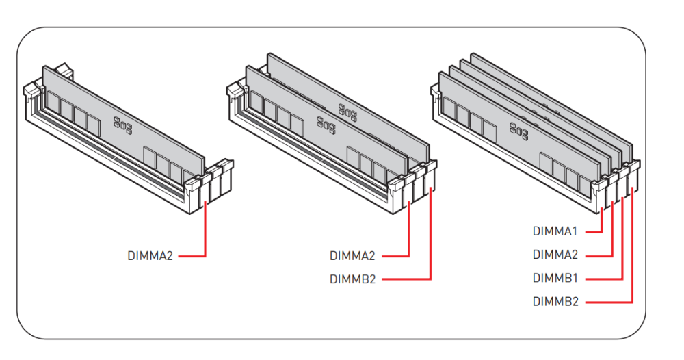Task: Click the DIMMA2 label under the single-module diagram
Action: (x=150, y=257)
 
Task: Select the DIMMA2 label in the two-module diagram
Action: (x=352, y=257)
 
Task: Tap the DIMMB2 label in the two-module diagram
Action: (x=352, y=279)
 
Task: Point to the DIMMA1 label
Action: (x=555, y=231)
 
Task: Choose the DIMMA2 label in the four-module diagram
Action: (x=555, y=255)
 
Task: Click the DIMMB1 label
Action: (x=555, y=279)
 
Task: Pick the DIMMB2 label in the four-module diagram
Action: (x=555, y=301)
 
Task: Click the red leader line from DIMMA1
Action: (x=601, y=223)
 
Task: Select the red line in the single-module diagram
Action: (x=206, y=233)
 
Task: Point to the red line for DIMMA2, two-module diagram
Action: (x=409, y=233)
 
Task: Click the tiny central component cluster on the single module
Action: (x=122, y=123)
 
